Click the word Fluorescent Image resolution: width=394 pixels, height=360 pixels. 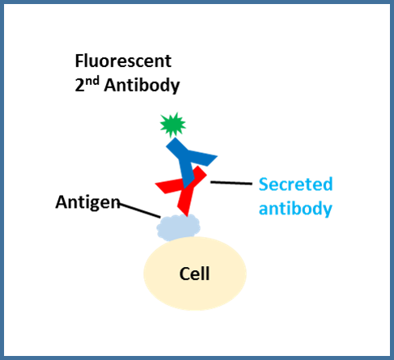[123, 61]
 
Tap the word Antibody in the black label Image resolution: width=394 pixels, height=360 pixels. [142, 86]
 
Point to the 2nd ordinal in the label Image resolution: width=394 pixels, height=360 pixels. [87, 84]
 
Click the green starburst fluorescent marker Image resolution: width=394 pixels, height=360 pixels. [172, 125]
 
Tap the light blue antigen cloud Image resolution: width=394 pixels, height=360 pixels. [178, 227]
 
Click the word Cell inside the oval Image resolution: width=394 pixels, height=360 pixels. [194, 273]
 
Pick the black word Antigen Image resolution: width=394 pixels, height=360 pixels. [87, 202]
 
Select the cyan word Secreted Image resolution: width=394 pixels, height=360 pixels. [295, 184]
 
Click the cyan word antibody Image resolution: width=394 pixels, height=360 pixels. [295, 209]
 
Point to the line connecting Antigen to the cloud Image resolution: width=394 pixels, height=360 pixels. [140, 210]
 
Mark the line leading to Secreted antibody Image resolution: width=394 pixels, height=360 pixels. [231, 183]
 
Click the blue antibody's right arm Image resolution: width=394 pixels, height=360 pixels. [203, 158]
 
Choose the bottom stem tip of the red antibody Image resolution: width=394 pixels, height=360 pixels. [187, 216]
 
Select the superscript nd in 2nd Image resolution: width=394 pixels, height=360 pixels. [94, 80]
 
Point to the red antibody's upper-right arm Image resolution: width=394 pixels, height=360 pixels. [198, 176]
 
